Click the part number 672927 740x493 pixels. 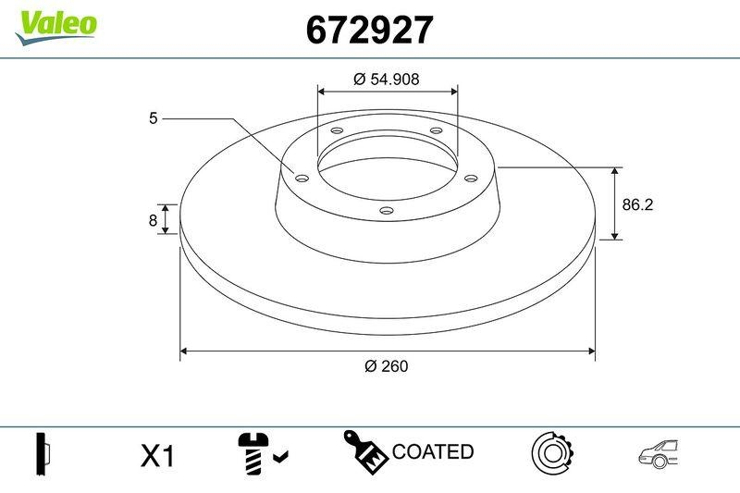pos(368,31)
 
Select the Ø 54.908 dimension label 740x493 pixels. pos(387,80)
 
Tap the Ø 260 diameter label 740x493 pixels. pos(387,365)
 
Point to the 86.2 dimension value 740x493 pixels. pos(637,205)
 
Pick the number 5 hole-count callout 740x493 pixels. pos(153,118)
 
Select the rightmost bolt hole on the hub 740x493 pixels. pos(470,178)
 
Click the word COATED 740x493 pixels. pos(433,452)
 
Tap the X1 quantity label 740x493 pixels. pos(157,456)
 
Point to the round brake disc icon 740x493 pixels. pos(552,452)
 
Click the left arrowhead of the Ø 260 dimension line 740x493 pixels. pos(184,351)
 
